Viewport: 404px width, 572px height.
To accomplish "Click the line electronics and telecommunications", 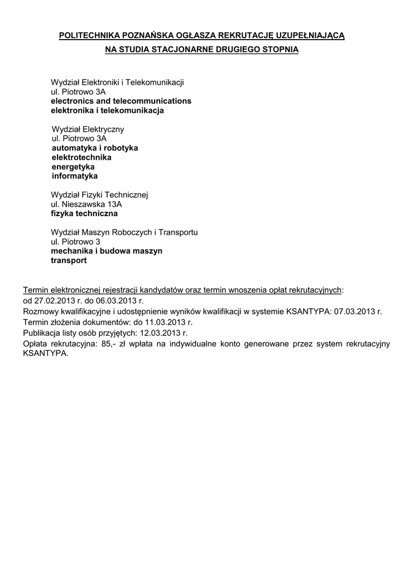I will pyautogui.click(x=121, y=101).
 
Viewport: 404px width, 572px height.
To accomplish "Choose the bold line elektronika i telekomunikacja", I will pyautogui.click(x=107, y=111).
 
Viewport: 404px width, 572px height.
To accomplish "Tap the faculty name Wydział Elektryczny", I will pyautogui.click(x=88, y=129).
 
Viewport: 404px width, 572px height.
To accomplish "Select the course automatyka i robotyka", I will pyautogui.click(x=95, y=148).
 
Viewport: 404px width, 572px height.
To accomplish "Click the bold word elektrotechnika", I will pyautogui.click(x=81, y=158).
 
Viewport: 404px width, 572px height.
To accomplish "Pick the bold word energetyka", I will pyautogui.click(x=73, y=167).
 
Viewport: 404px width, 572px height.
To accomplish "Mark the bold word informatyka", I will pyautogui.click(x=75, y=176).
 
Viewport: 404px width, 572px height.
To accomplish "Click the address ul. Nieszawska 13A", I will pyautogui.click(x=86, y=204).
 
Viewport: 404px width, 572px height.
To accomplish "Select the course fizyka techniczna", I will pyautogui.click(x=84, y=213).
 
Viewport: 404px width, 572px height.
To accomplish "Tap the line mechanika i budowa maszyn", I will pyautogui.click(x=107, y=251).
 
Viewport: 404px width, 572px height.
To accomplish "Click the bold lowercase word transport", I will pyautogui.click(x=69, y=260).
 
